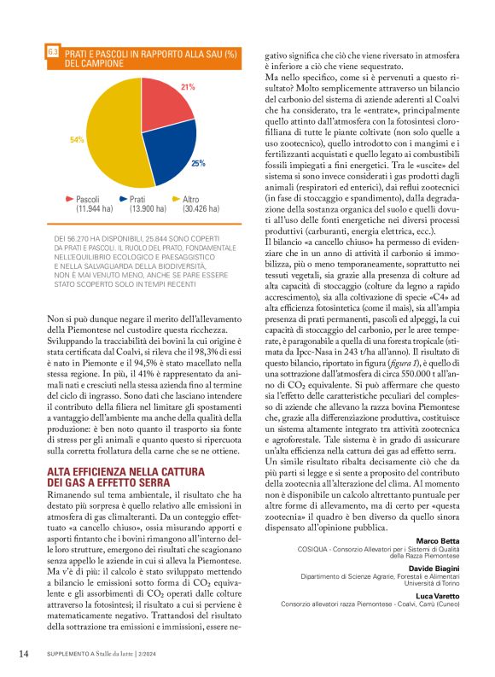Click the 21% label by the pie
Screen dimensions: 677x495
click(x=188, y=87)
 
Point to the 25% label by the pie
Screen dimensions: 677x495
click(x=198, y=162)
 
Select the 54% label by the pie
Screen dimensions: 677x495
click(x=76, y=139)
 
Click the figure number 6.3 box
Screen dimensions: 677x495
click(x=53, y=53)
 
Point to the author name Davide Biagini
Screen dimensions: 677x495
click(x=435, y=569)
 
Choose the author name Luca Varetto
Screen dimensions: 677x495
click(x=437, y=596)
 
